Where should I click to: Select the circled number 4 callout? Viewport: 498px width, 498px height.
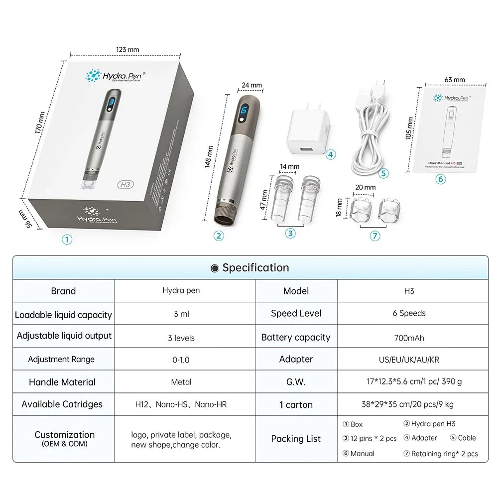(x=331, y=154)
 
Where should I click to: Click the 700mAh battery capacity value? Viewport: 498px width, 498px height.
(x=409, y=338)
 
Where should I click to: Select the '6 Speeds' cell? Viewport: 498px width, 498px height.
(x=409, y=313)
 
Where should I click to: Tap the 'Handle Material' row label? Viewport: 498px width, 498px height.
(x=62, y=382)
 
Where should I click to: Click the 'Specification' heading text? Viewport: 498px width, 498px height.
(x=255, y=268)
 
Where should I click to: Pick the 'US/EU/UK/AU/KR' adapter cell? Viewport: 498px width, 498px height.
(x=409, y=359)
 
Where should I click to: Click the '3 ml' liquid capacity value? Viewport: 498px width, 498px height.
(x=181, y=314)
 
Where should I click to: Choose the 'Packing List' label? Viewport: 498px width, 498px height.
(x=296, y=439)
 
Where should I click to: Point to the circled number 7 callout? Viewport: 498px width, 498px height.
(x=375, y=236)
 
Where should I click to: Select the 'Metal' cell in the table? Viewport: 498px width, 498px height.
(x=181, y=382)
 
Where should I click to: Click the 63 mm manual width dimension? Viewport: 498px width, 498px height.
(x=455, y=79)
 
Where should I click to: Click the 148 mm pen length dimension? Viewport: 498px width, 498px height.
(x=209, y=157)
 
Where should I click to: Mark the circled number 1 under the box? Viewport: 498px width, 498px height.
(x=67, y=239)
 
